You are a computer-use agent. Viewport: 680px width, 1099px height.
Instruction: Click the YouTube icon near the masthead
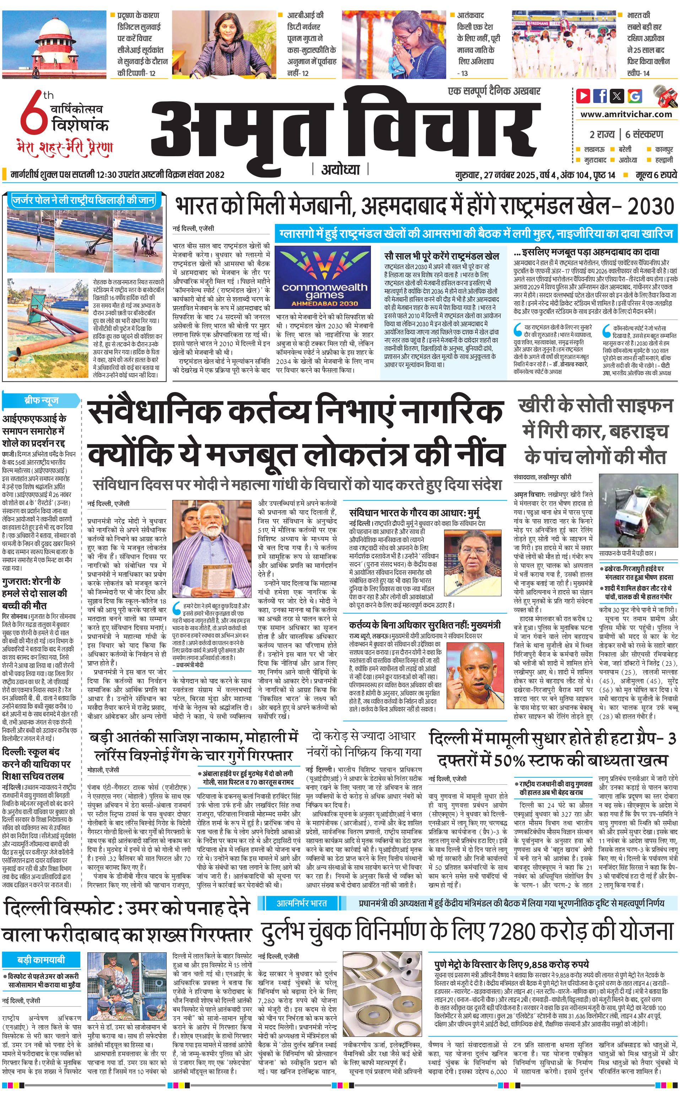583,96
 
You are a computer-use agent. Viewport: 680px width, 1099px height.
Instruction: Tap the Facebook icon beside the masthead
600,96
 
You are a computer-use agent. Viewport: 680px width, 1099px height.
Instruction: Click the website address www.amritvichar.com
626,114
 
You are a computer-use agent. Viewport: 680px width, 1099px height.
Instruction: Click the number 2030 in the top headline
651,207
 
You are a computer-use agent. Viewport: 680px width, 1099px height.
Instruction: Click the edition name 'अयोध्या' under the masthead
340,169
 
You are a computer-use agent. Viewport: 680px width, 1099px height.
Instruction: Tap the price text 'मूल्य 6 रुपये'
656,175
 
